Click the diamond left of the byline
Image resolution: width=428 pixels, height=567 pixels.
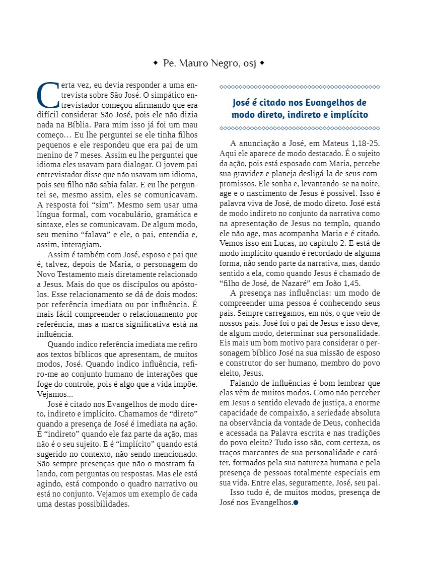(x=156, y=63)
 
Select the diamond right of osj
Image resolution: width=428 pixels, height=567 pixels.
(x=262, y=63)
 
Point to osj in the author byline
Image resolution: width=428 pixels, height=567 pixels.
(x=249, y=63)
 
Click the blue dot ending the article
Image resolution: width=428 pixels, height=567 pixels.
(x=296, y=502)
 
